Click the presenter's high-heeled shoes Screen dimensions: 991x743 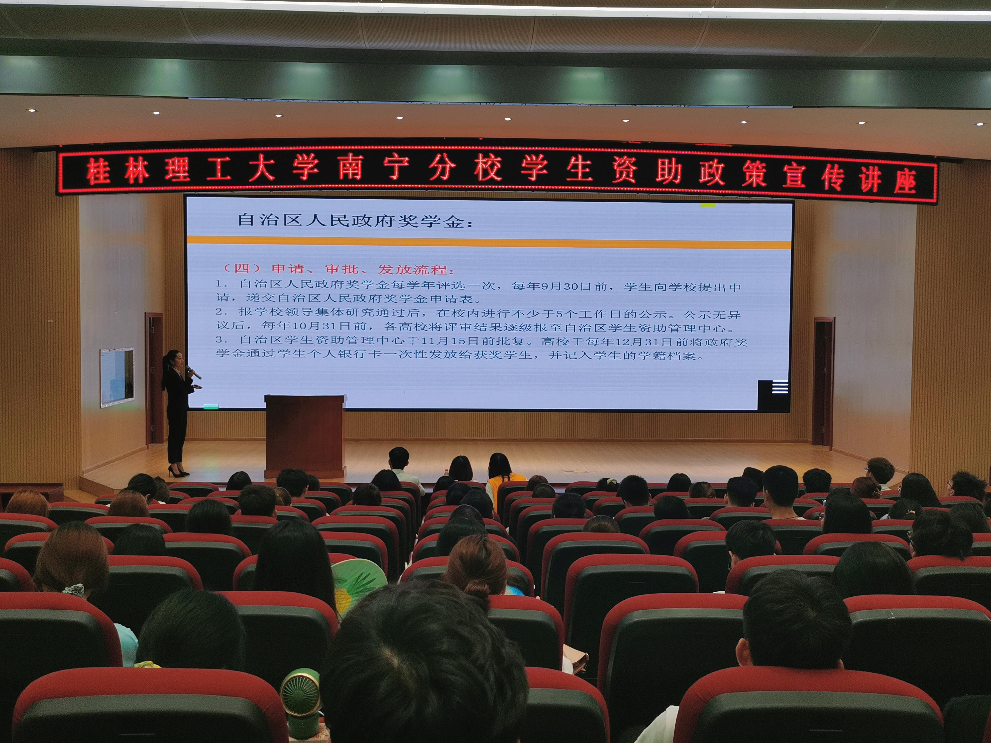[178, 471]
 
